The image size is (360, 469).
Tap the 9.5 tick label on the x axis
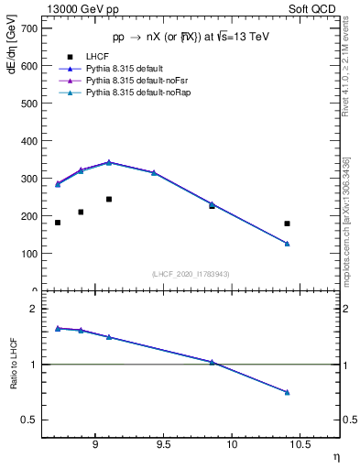point(163,447)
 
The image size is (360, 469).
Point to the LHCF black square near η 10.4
point(287,224)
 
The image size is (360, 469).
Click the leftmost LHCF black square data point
point(58,223)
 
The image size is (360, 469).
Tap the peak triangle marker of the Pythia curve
point(109,162)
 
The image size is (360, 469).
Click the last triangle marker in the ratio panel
point(287,392)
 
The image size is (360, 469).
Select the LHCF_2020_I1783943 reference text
point(191,274)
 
